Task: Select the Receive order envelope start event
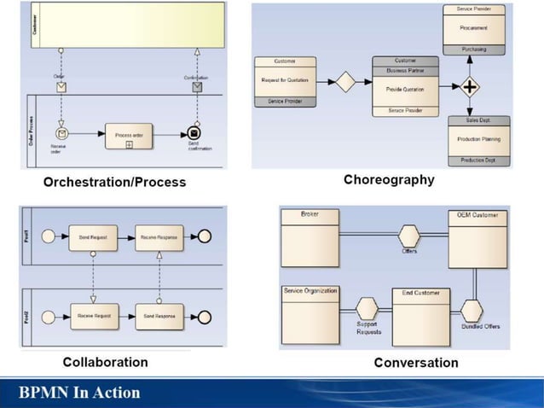tap(61, 133)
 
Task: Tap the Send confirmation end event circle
tap(194, 133)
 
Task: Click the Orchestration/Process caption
tap(114, 182)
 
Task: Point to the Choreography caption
tap(389, 179)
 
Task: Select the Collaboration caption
tap(105, 361)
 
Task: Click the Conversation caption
tap(416, 363)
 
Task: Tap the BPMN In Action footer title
tap(81, 393)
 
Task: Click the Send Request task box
tap(93, 237)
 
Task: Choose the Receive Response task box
tap(159, 237)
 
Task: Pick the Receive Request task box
tap(93, 316)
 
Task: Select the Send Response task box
tap(159, 316)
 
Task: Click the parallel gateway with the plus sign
tap(470, 87)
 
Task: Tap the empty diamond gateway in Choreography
tap(344, 82)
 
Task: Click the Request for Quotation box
tap(286, 81)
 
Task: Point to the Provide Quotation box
tap(405, 89)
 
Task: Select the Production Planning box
tap(478, 139)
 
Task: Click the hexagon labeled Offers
tap(409, 235)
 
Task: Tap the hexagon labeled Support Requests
tap(367, 308)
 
